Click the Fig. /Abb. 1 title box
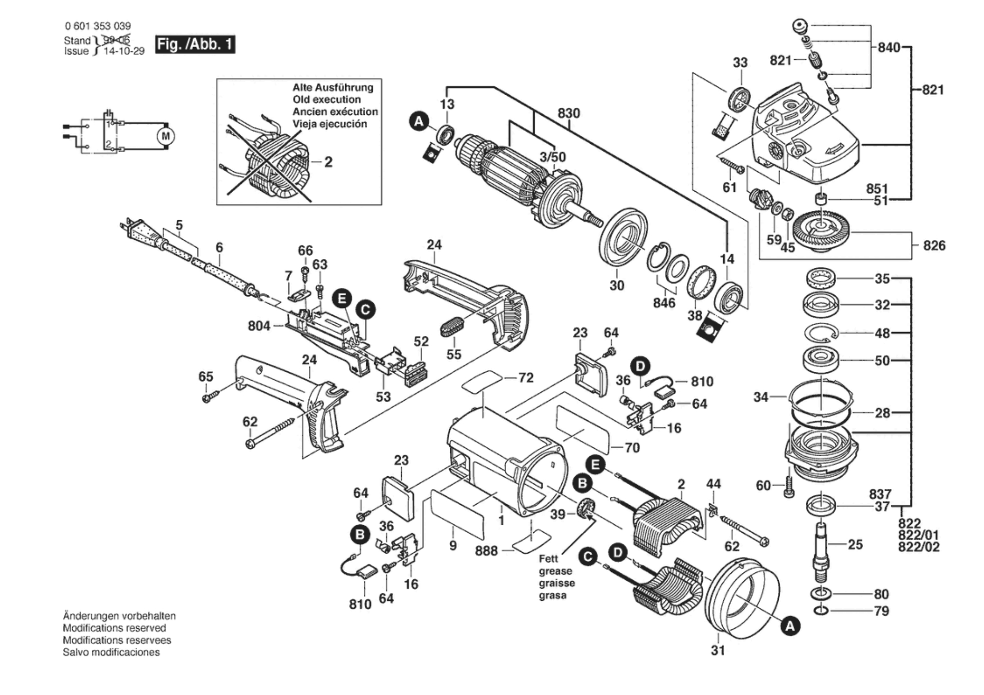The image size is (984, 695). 195,44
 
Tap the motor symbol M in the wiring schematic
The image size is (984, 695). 165,136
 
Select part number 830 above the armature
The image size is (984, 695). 569,113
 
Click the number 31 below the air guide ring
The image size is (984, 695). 718,650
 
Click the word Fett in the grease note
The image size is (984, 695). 548,559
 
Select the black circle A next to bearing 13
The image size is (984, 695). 419,121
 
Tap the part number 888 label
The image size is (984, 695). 486,551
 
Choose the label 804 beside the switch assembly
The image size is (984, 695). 259,326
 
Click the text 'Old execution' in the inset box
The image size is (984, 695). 327,100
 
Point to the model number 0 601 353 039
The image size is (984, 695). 98,26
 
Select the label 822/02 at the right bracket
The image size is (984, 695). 919,547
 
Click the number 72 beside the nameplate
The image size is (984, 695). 525,378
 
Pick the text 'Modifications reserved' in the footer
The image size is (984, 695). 114,628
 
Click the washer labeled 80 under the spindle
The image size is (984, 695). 821,594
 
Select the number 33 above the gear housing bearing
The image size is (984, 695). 740,63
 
